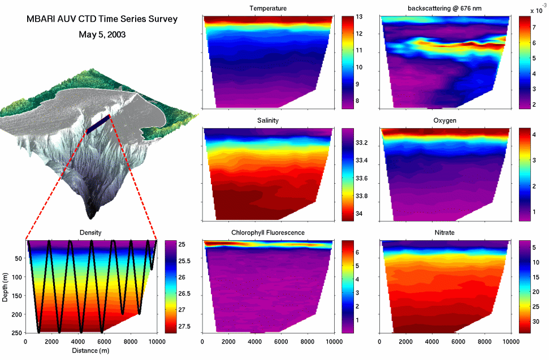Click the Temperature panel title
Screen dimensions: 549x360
point(268,8)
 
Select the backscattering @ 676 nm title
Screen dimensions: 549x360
point(444,8)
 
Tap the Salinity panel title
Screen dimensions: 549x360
point(268,120)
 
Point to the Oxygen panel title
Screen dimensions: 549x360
point(444,120)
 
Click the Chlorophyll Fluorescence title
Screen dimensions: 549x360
point(268,233)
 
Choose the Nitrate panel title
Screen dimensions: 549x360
point(444,233)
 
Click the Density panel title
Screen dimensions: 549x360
point(90,233)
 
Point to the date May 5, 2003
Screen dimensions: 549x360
point(102,34)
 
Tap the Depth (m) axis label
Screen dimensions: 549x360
point(5,287)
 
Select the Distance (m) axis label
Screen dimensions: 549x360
point(90,350)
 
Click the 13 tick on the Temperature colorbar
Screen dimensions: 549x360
point(359,17)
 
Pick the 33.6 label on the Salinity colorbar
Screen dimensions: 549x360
point(362,179)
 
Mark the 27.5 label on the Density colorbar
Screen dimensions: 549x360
point(184,327)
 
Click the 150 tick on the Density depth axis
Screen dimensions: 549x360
point(18,296)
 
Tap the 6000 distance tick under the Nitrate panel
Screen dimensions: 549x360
point(458,342)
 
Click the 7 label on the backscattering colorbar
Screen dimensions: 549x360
point(534,28)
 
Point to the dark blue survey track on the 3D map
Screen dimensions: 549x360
point(98,124)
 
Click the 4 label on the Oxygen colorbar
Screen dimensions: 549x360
point(534,135)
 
